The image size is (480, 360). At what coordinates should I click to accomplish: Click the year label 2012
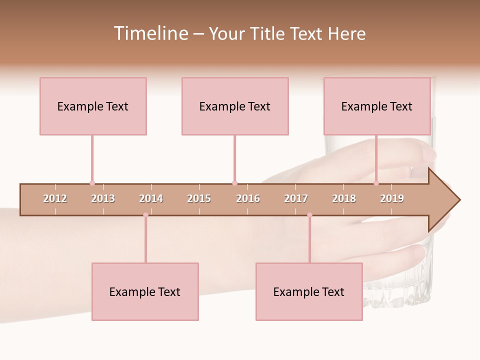pos(55,198)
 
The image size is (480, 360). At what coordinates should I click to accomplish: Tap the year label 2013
pos(103,198)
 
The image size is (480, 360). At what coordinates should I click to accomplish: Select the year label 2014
pos(151,198)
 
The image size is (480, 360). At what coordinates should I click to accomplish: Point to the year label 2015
pos(199,198)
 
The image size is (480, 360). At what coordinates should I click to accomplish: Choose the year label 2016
pos(248,198)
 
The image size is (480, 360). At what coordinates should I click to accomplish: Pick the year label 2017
pos(296,198)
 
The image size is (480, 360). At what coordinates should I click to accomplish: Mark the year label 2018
pos(344,198)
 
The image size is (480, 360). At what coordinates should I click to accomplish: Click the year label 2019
pos(392,198)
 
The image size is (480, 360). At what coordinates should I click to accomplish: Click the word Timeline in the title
pos(150,33)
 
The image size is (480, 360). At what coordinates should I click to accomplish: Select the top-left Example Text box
pos(93,106)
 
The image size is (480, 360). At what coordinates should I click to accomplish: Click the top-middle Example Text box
pos(235,106)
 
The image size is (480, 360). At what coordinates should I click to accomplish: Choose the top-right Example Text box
pos(377,106)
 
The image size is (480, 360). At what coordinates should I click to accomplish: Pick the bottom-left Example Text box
pos(145,291)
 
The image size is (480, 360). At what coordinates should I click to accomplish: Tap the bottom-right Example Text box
pos(309,291)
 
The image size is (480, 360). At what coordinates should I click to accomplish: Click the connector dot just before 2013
pos(92,183)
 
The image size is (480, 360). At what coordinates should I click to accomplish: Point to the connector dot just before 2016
pos(234,183)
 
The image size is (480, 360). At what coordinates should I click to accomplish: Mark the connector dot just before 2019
pos(376,183)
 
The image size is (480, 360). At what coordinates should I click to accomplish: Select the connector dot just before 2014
pos(145,215)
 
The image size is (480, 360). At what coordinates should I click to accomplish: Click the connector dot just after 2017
pos(309,215)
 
